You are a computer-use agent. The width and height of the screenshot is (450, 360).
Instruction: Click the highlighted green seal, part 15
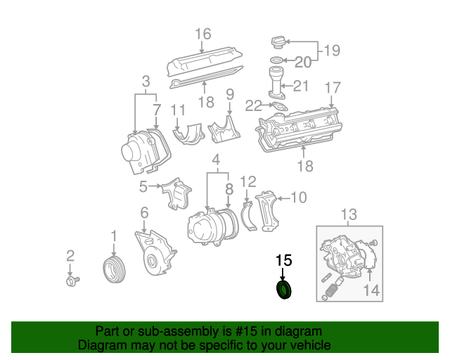pyautogui.click(x=284, y=290)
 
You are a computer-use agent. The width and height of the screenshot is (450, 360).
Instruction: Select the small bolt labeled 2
pyautogui.click(x=71, y=281)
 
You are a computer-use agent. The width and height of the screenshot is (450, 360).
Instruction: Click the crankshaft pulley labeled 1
pyautogui.click(x=112, y=270)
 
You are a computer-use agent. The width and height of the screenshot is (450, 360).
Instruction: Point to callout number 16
pyautogui.click(x=202, y=34)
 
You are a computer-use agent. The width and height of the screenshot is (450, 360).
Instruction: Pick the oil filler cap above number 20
pyautogui.click(x=278, y=43)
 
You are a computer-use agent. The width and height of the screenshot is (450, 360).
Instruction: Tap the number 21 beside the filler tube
pyautogui.click(x=301, y=86)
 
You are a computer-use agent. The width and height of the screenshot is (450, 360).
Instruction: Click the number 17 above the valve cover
pyautogui.click(x=333, y=88)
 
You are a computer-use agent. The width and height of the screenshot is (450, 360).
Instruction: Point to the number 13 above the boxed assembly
pyautogui.click(x=349, y=214)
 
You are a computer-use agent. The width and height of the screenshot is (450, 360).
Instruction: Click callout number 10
pyautogui.click(x=298, y=198)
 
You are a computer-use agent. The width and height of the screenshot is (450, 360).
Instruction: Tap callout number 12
pyautogui.click(x=247, y=181)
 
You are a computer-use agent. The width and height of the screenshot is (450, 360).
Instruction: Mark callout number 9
pyautogui.click(x=229, y=94)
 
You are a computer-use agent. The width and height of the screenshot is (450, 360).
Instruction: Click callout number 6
pyautogui.click(x=144, y=212)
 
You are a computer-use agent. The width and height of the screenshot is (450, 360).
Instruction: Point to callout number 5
pyautogui.click(x=143, y=187)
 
